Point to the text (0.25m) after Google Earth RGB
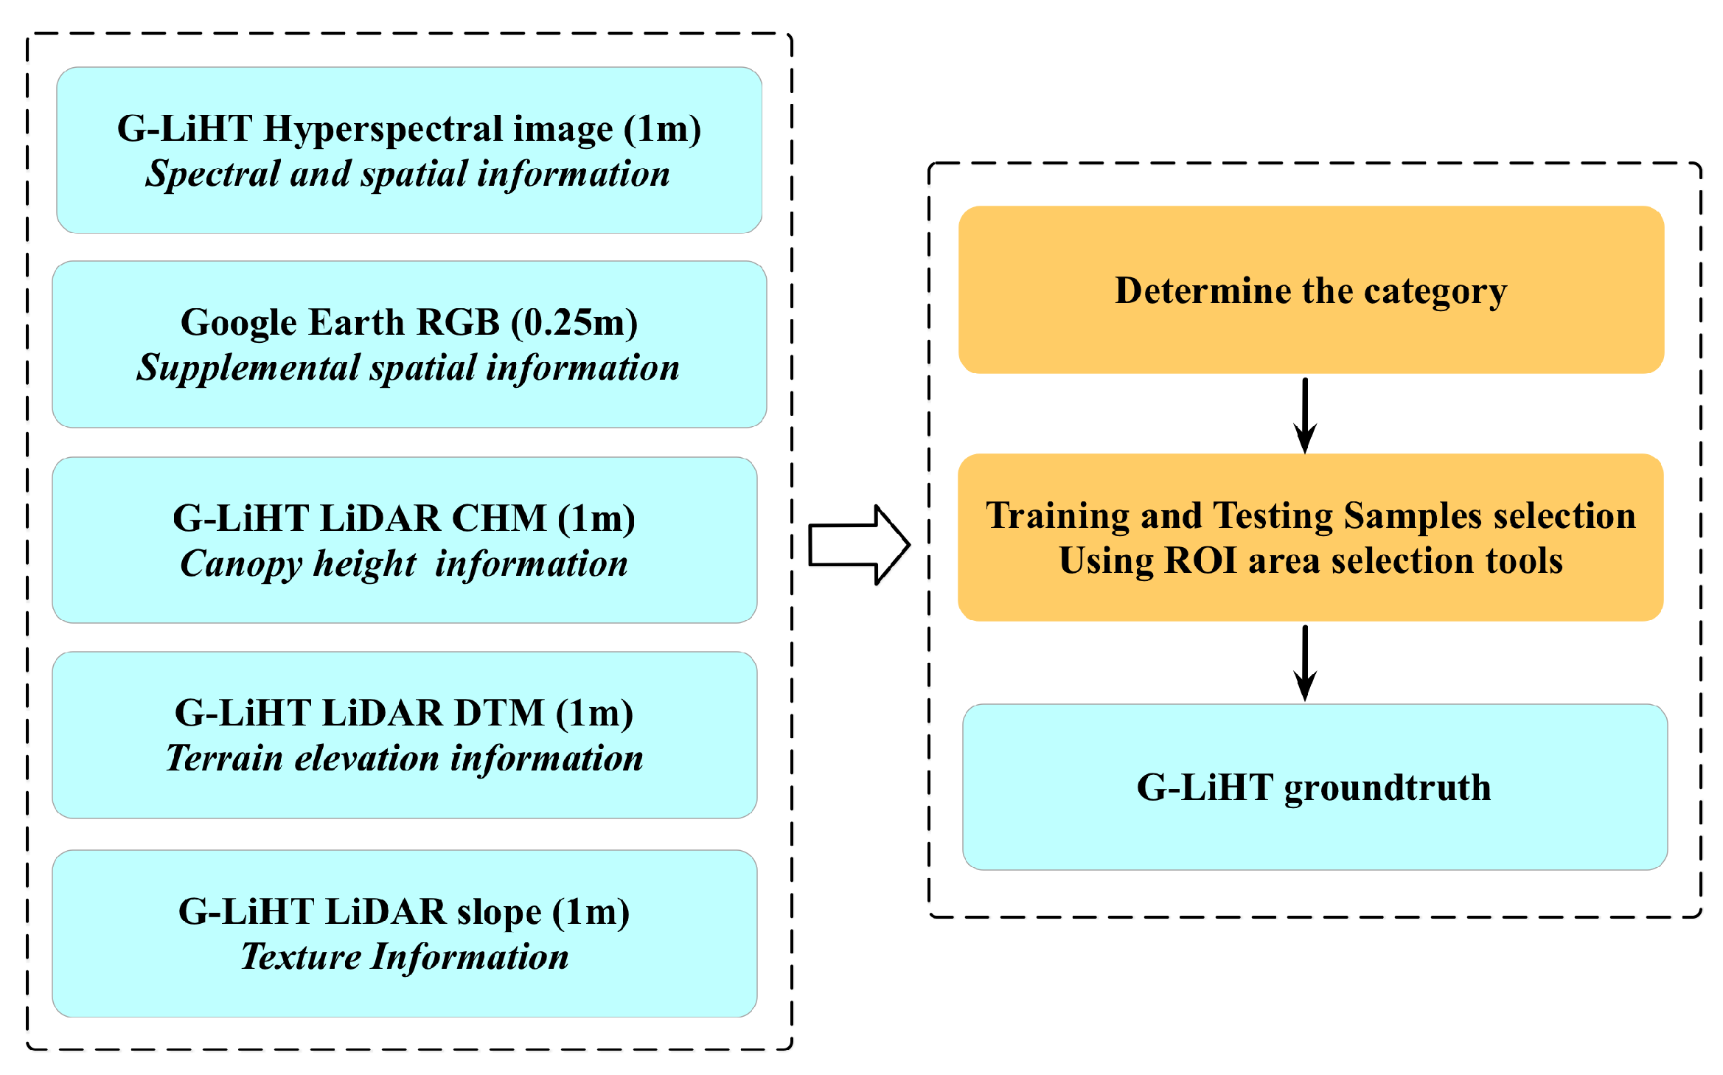(x=575, y=323)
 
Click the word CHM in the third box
(x=498, y=518)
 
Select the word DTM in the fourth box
(x=498, y=713)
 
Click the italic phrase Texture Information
(x=404, y=957)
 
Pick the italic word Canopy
(x=241, y=564)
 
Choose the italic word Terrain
(x=224, y=759)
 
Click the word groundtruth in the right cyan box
(x=1387, y=788)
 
